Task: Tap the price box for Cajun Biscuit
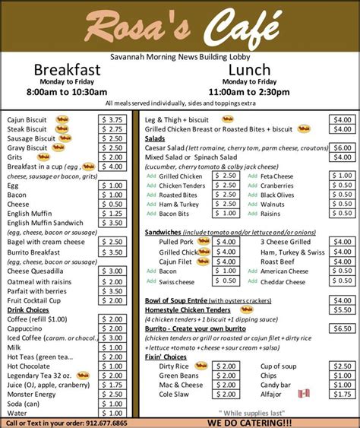point(112,119)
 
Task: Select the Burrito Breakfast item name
point(33,252)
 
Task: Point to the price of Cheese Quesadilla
point(112,271)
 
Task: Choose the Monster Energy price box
point(112,394)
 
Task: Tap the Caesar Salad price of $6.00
point(342,147)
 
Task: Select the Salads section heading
point(155,138)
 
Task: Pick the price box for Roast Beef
point(342,261)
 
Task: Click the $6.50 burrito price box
point(342,328)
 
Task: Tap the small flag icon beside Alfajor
point(304,393)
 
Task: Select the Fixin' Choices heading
point(166,357)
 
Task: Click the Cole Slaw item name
point(174,394)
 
